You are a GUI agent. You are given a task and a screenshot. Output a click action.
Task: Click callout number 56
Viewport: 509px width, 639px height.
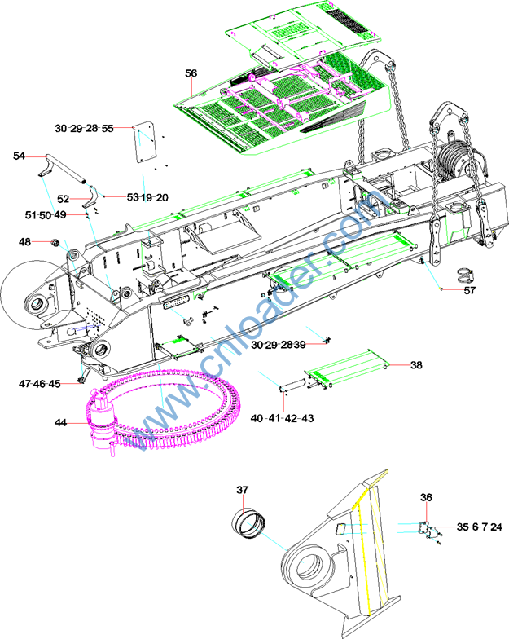[x=191, y=73]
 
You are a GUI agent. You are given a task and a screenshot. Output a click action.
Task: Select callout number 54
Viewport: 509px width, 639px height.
[x=20, y=155]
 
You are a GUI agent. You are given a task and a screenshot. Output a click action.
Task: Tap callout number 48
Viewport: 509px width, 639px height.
[x=25, y=242]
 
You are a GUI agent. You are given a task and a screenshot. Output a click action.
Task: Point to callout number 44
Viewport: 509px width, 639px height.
[x=61, y=422]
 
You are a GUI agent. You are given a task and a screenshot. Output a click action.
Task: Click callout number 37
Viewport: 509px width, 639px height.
[x=242, y=490]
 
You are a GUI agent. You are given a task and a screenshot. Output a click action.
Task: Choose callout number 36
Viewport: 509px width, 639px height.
[x=426, y=497]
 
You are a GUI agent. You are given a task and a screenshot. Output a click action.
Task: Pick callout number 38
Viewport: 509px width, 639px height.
[x=416, y=366]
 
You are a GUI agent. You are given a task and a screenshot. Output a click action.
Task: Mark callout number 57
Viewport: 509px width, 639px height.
[x=470, y=290]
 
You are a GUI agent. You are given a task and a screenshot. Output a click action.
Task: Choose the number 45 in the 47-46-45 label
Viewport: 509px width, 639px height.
[x=55, y=383]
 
